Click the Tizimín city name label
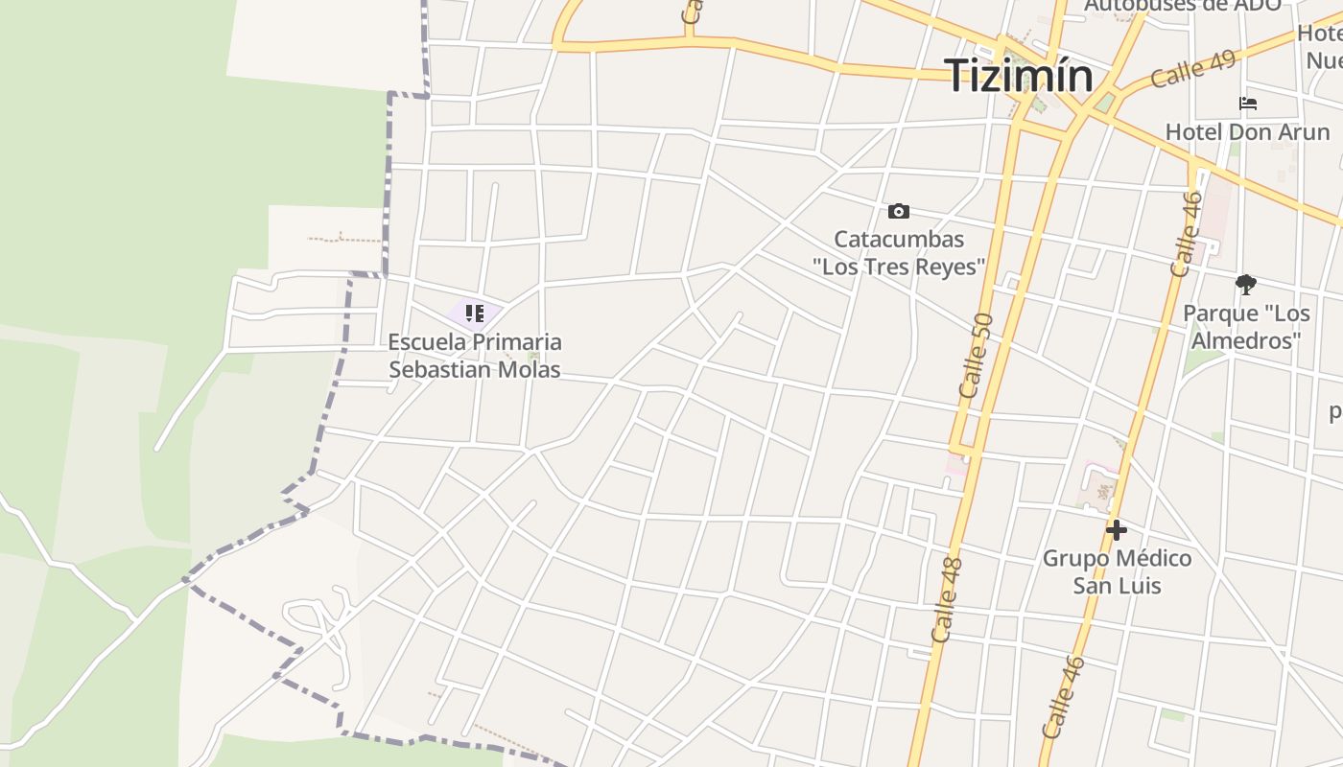coord(1018,76)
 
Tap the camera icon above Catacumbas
coord(898,211)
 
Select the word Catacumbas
coord(899,240)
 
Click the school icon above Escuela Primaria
coord(475,314)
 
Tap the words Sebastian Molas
coord(475,369)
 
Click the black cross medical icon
coord(1116,529)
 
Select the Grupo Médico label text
coord(1117,558)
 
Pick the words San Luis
coord(1117,585)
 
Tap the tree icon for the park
coord(1245,284)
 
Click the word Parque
coord(1220,314)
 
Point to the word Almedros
coord(1245,340)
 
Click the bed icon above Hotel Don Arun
coord(1247,104)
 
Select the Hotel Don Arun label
coord(1247,131)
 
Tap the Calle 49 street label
coord(1193,68)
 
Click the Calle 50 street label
coord(977,355)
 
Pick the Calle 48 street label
coord(946,600)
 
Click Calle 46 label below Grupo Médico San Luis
coord(1064,697)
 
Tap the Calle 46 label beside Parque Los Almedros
coord(1188,235)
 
